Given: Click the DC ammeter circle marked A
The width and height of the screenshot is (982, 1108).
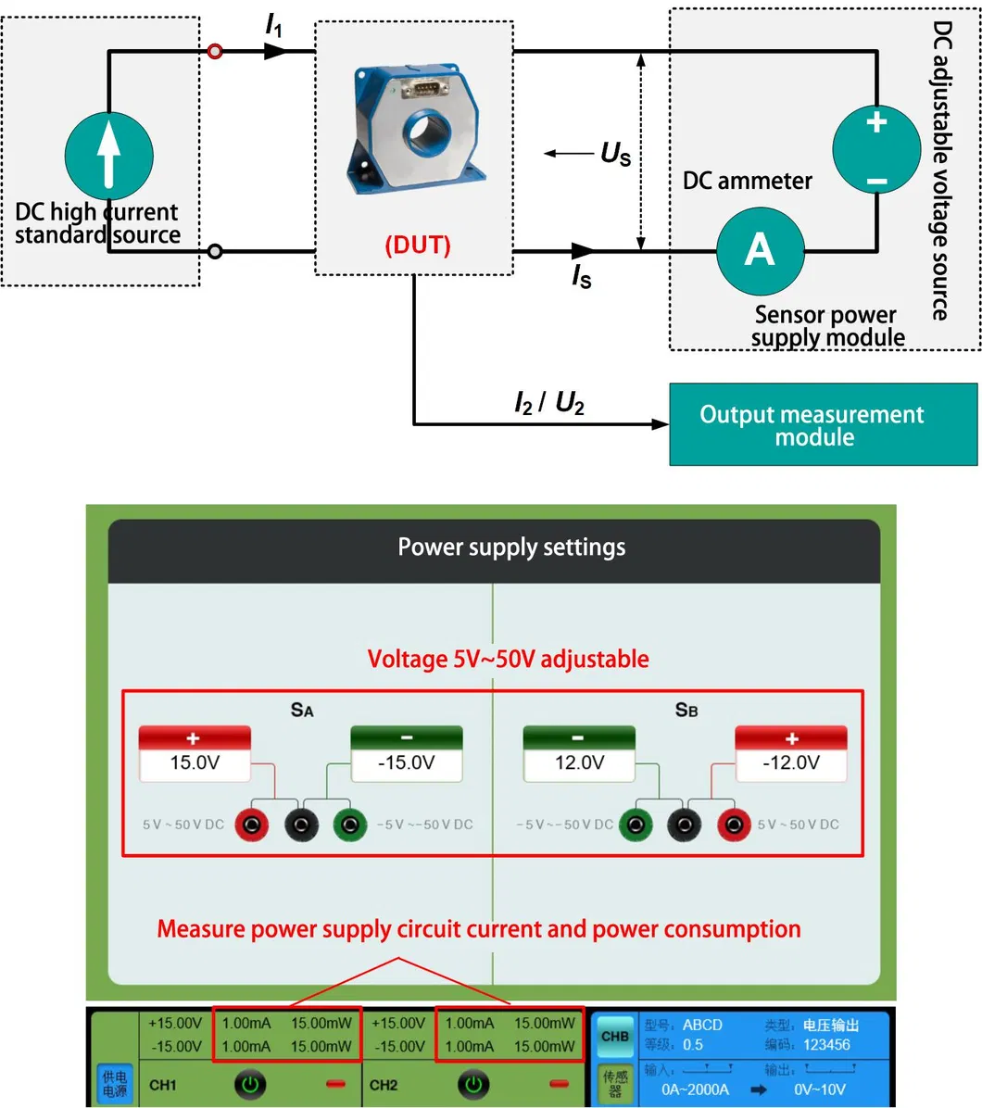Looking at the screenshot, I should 760,250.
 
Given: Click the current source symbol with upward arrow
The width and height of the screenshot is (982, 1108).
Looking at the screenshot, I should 109,154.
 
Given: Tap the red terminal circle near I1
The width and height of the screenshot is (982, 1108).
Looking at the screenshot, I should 215,51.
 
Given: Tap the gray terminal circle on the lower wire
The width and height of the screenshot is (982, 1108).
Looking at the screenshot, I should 215,251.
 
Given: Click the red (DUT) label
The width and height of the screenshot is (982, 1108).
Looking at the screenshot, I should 417,246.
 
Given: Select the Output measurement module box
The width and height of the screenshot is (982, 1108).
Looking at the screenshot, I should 823,424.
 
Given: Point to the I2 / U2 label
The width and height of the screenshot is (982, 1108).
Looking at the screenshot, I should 549,403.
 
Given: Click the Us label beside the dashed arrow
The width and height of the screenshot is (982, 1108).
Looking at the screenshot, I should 616,154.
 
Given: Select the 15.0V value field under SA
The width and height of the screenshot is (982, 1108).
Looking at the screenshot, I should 194,764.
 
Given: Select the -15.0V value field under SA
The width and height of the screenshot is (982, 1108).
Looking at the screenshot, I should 406,764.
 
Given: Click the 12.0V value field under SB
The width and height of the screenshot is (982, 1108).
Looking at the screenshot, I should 579,764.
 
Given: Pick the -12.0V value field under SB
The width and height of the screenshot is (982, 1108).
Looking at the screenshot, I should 790,764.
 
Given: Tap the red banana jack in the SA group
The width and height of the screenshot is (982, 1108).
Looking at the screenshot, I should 250,823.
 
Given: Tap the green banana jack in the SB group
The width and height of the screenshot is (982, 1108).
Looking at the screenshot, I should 635,823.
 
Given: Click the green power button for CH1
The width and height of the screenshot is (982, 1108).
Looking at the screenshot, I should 248,1084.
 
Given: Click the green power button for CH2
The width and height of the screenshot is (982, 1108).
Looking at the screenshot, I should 473,1084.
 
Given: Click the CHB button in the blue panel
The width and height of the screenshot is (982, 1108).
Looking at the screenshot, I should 614,1037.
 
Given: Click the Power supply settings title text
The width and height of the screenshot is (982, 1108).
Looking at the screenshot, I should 511,548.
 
